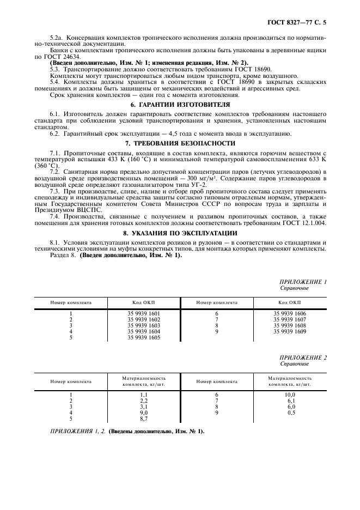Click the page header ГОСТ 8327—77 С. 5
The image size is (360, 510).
(300, 22)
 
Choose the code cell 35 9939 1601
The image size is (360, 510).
(144, 314)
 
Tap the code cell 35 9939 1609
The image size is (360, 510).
(289, 331)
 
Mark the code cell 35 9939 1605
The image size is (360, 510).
(144, 338)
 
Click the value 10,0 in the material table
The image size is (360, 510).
(289, 395)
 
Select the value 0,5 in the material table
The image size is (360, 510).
(289, 413)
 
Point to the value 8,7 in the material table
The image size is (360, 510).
(144, 419)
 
